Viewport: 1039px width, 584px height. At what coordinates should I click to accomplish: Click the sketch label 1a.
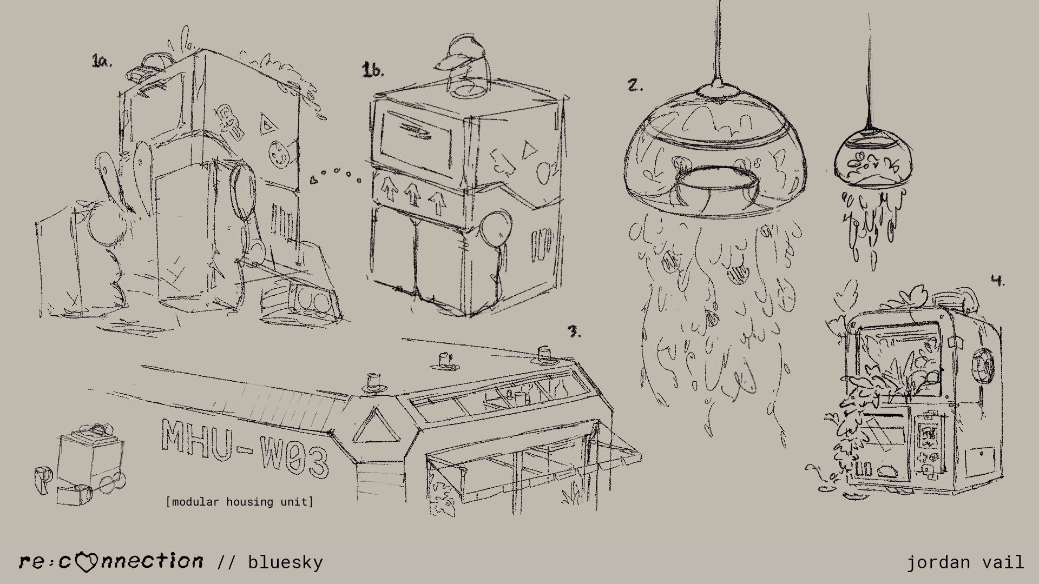pos(102,61)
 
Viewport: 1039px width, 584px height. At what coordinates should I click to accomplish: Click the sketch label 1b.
pos(373,70)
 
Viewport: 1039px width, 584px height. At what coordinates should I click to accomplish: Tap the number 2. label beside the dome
pos(635,85)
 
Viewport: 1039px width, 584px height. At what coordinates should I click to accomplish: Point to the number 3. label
pos(574,331)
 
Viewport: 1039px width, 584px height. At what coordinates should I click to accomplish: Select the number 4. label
pos(997,280)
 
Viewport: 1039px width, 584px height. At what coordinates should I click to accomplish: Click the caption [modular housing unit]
pos(240,502)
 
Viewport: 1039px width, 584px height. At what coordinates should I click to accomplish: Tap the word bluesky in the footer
pos(285,562)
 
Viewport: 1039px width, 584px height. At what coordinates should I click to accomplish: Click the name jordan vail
pos(965,562)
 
